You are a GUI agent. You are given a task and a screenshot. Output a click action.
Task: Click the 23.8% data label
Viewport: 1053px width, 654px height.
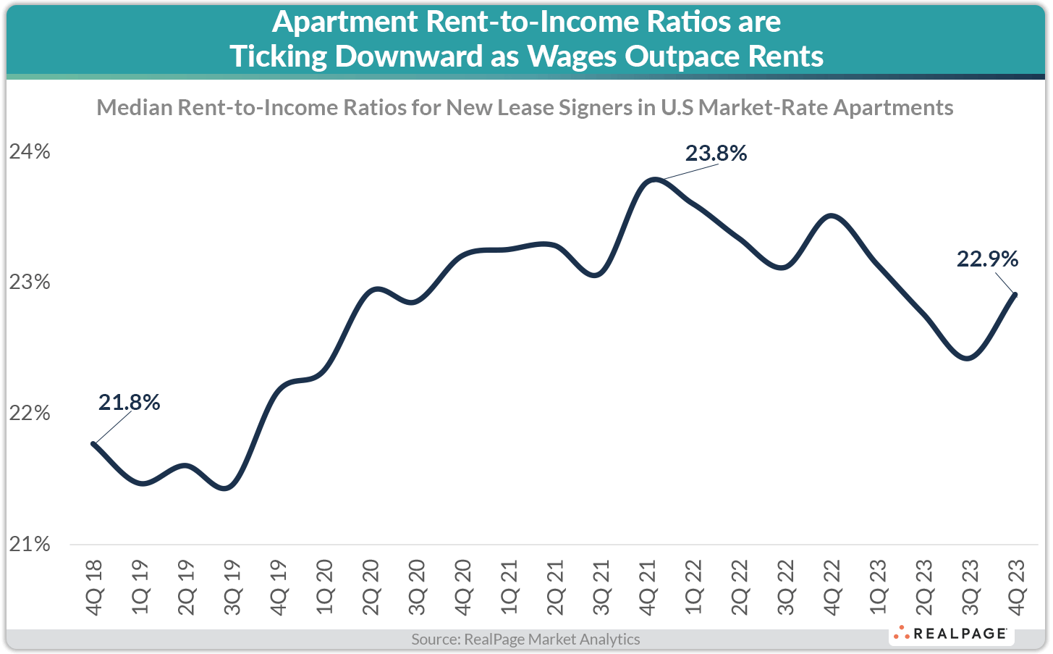point(716,154)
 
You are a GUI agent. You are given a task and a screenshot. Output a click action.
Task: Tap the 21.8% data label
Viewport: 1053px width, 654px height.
point(129,402)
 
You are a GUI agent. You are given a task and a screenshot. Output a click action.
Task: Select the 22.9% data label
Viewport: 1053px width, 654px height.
point(987,259)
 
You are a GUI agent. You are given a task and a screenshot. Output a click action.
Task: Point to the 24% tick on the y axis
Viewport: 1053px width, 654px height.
point(30,151)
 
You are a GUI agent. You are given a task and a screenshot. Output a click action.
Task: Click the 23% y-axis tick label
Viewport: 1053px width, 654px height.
point(30,282)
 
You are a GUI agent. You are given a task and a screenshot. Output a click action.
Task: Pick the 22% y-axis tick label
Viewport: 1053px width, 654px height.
point(30,413)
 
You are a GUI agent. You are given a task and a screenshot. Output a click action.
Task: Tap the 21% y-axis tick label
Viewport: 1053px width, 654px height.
point(30,544)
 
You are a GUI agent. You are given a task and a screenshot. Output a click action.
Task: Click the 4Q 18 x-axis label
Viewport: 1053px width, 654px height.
point(94,587)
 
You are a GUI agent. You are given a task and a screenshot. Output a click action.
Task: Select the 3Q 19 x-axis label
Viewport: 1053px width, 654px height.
point(232,587)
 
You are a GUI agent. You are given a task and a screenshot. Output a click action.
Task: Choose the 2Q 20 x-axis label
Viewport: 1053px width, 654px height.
point(371,587)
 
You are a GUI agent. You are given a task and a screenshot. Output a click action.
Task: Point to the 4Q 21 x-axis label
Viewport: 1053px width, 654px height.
point(648,587)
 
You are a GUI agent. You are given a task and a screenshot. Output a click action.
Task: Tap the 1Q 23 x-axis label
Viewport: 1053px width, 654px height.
point(878,587)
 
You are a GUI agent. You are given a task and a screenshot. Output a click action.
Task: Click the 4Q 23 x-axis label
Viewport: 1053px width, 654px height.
point(1016,587)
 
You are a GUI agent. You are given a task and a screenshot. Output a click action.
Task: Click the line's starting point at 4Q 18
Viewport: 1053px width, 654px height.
point(93,443)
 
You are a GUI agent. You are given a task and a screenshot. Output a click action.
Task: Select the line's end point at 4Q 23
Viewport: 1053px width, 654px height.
point(1015,295)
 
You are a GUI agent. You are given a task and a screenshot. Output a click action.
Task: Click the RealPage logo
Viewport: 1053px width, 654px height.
point(951,634)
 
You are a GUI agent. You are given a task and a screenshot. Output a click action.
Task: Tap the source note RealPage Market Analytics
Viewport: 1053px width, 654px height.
point(525,640)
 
